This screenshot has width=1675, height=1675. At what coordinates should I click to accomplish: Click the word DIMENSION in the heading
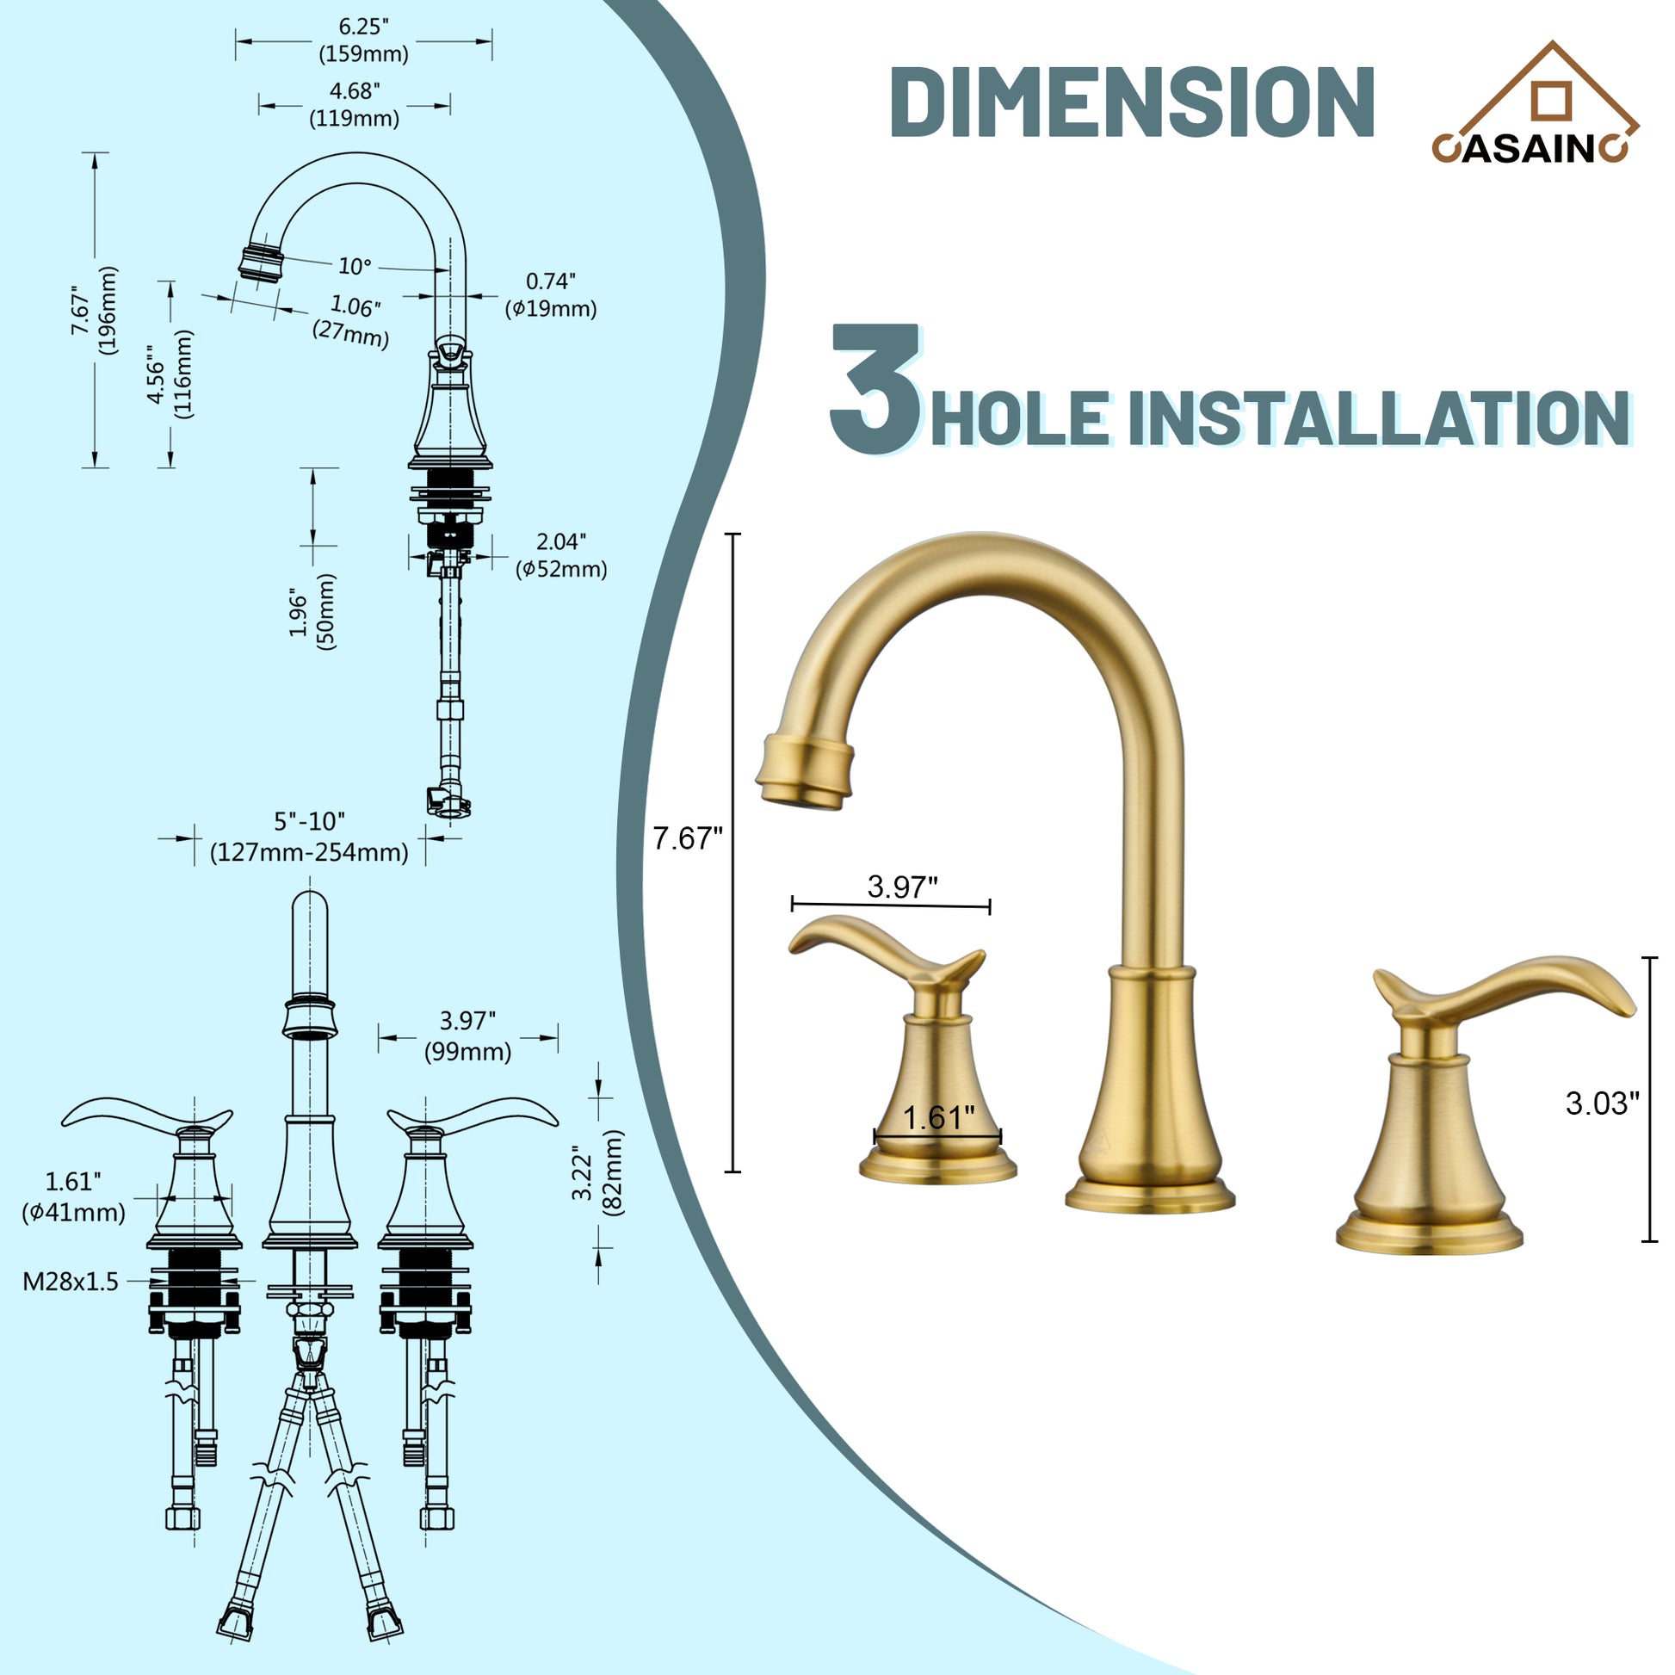pyautogui.click(x=1131, y=102)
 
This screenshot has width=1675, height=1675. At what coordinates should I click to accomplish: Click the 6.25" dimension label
pyautogui.click(x=363, y=40)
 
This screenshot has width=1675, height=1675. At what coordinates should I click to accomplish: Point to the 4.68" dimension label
pyautogui.click(x=354, y=104)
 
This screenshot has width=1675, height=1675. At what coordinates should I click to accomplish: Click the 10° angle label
pyautogui.click(x=354, y=266)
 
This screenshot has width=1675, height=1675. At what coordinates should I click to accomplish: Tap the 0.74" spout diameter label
pyautogui.click(x=552, y=294)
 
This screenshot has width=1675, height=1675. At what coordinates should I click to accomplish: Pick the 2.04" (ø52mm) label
pyautogui.click(x=561, y=555)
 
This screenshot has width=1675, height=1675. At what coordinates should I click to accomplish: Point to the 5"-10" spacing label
pyautogui.click(x=310, y=837)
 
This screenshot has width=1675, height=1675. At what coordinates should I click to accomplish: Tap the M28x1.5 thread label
pyautogui.click(x=71, y=1282)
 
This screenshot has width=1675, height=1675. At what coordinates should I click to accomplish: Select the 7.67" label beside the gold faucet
pyautogui.click(x=688, y=838)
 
